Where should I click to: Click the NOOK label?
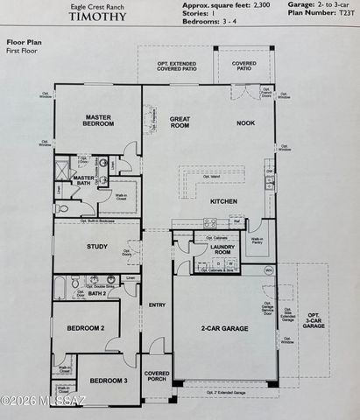(245, 122)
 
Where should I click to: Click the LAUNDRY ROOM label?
(225, 250)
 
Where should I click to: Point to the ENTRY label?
(157, 304)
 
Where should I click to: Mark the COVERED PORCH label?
(157, 376)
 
